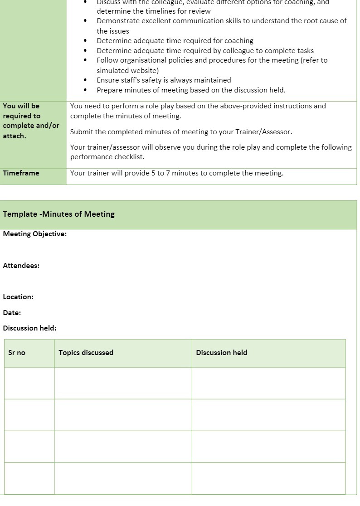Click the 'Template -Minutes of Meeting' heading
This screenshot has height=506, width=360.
click(x=58, y=214)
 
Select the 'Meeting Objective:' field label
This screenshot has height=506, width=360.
click(x=35, y=234)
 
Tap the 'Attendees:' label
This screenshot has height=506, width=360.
click(x=21, y=266)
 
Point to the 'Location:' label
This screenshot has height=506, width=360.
click(x=18, y=297)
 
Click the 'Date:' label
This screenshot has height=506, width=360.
click(x=12, y=313)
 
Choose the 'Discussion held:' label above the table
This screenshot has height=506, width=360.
click(x=30, y=328)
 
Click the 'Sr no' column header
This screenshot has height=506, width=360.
click(x=17, y=353)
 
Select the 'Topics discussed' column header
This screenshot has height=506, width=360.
click(x=86, y=353)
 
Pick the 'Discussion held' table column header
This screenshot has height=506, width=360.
click(x=221, y=353)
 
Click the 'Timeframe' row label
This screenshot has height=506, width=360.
click(x=21, y=173)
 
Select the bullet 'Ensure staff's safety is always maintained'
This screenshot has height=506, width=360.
click(x=164, y=80)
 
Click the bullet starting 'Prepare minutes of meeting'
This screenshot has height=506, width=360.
click(x=191, y=90)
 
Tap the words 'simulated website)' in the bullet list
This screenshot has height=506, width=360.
click(x=127, y=71)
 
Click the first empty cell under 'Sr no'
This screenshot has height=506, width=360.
click(x=29, y=383)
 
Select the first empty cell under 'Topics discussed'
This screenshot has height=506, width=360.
click(x=123, y=383)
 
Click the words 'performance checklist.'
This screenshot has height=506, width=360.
click(x=107, y=157)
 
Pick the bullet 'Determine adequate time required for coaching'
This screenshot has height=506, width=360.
click(x=175, y=41)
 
